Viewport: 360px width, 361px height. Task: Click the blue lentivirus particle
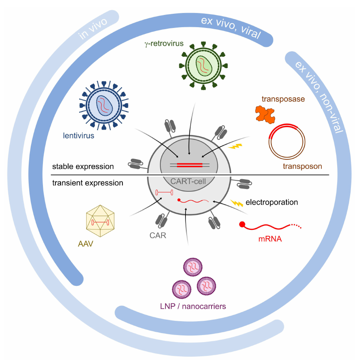coord(104,106)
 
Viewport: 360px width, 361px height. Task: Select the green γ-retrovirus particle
coord(203,66)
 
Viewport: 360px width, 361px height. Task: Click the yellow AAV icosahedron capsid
coord(100,221)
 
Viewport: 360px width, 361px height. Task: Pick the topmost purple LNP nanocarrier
coord(193,267)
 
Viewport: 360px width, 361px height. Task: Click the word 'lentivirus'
coord(78,135)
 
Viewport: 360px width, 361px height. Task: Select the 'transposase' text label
coord(283,99)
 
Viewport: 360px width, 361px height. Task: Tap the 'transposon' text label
coord(302,166)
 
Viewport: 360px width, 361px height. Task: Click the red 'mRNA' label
coord(270,239)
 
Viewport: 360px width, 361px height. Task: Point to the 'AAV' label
coord(85,244)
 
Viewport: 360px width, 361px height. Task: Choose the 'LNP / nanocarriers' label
coord(193,306)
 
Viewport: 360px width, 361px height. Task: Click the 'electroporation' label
coord(272,202)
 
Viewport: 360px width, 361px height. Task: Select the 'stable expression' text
coord(83,167)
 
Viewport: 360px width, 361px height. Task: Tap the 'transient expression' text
coord(87,183)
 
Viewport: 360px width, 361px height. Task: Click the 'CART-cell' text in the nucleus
coord(188,181)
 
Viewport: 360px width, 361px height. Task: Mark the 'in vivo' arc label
coord(93,29)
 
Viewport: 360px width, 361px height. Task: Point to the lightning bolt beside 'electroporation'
coord(237,203)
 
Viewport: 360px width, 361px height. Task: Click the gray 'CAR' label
coord(158,235)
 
